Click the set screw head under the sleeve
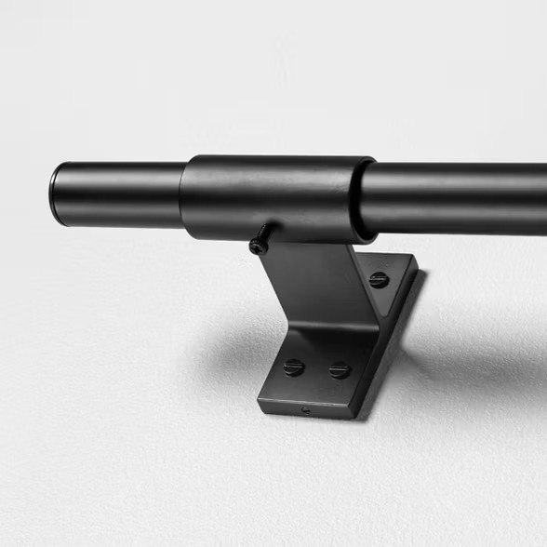(257, 247)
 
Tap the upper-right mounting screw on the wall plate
(378, 279)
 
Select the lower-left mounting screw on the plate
(294, 367)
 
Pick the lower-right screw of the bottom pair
(340, 369)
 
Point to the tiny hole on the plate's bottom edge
(306, 408)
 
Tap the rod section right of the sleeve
(456, 198)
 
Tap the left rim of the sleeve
(185, 197)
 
